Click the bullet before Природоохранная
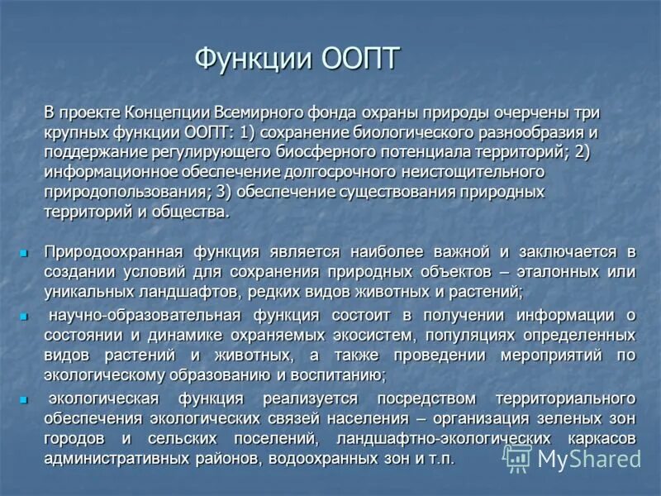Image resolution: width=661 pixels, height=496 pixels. [x=24, y=251]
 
